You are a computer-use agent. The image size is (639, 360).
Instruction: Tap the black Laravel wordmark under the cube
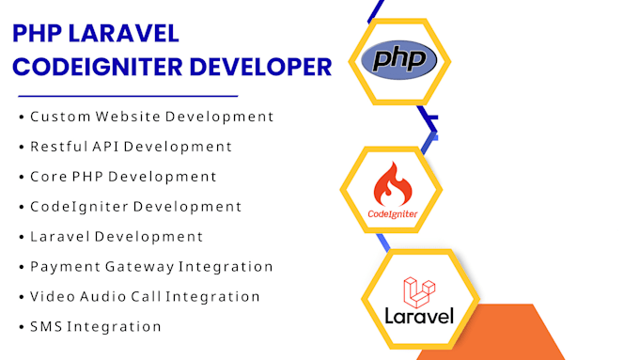click(419, 315)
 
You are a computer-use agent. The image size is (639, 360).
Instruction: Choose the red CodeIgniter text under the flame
click(393, 214)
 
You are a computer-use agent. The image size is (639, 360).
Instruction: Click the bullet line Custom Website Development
click(151, 117)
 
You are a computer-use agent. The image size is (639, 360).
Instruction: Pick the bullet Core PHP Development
click(123, 177)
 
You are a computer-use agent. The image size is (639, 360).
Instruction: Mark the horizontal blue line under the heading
click(128, 96)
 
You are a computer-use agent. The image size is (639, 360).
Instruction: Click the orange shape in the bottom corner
click(526, 334)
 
